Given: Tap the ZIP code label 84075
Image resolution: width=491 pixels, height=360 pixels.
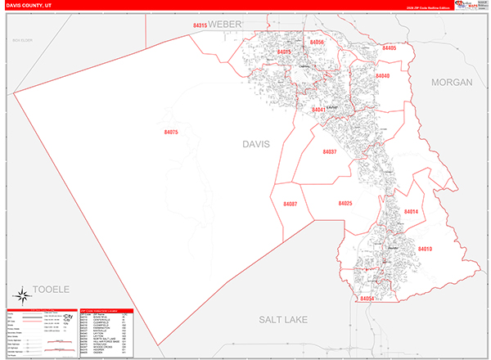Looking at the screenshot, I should tap(170, 132).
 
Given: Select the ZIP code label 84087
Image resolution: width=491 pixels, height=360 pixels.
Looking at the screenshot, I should tap(290, 204).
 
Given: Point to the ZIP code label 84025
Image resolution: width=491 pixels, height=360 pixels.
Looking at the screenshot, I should tap(344, 203).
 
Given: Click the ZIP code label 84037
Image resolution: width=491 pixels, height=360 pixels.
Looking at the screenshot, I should tap(329, 152).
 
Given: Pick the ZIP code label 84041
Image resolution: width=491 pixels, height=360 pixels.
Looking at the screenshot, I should tap(318, 110).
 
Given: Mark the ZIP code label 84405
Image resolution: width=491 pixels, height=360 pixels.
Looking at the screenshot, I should tap(388, 48).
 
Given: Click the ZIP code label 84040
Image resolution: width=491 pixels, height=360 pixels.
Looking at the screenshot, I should tap(382, 76).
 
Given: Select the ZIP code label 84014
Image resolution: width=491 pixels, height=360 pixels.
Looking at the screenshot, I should tap(411, 212).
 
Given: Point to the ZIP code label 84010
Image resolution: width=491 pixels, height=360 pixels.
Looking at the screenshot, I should tap(424, 248).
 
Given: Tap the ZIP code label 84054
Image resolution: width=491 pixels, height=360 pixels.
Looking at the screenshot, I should tap(367, 299).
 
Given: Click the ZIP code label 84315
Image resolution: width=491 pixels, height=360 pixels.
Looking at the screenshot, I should tap(200, 26).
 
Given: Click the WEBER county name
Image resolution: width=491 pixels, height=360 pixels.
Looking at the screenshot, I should tap(226, 25).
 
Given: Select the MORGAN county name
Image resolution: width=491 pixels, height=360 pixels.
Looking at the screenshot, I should tap(453, 83).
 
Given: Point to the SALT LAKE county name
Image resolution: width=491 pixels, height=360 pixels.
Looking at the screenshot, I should tap(282, 319).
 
